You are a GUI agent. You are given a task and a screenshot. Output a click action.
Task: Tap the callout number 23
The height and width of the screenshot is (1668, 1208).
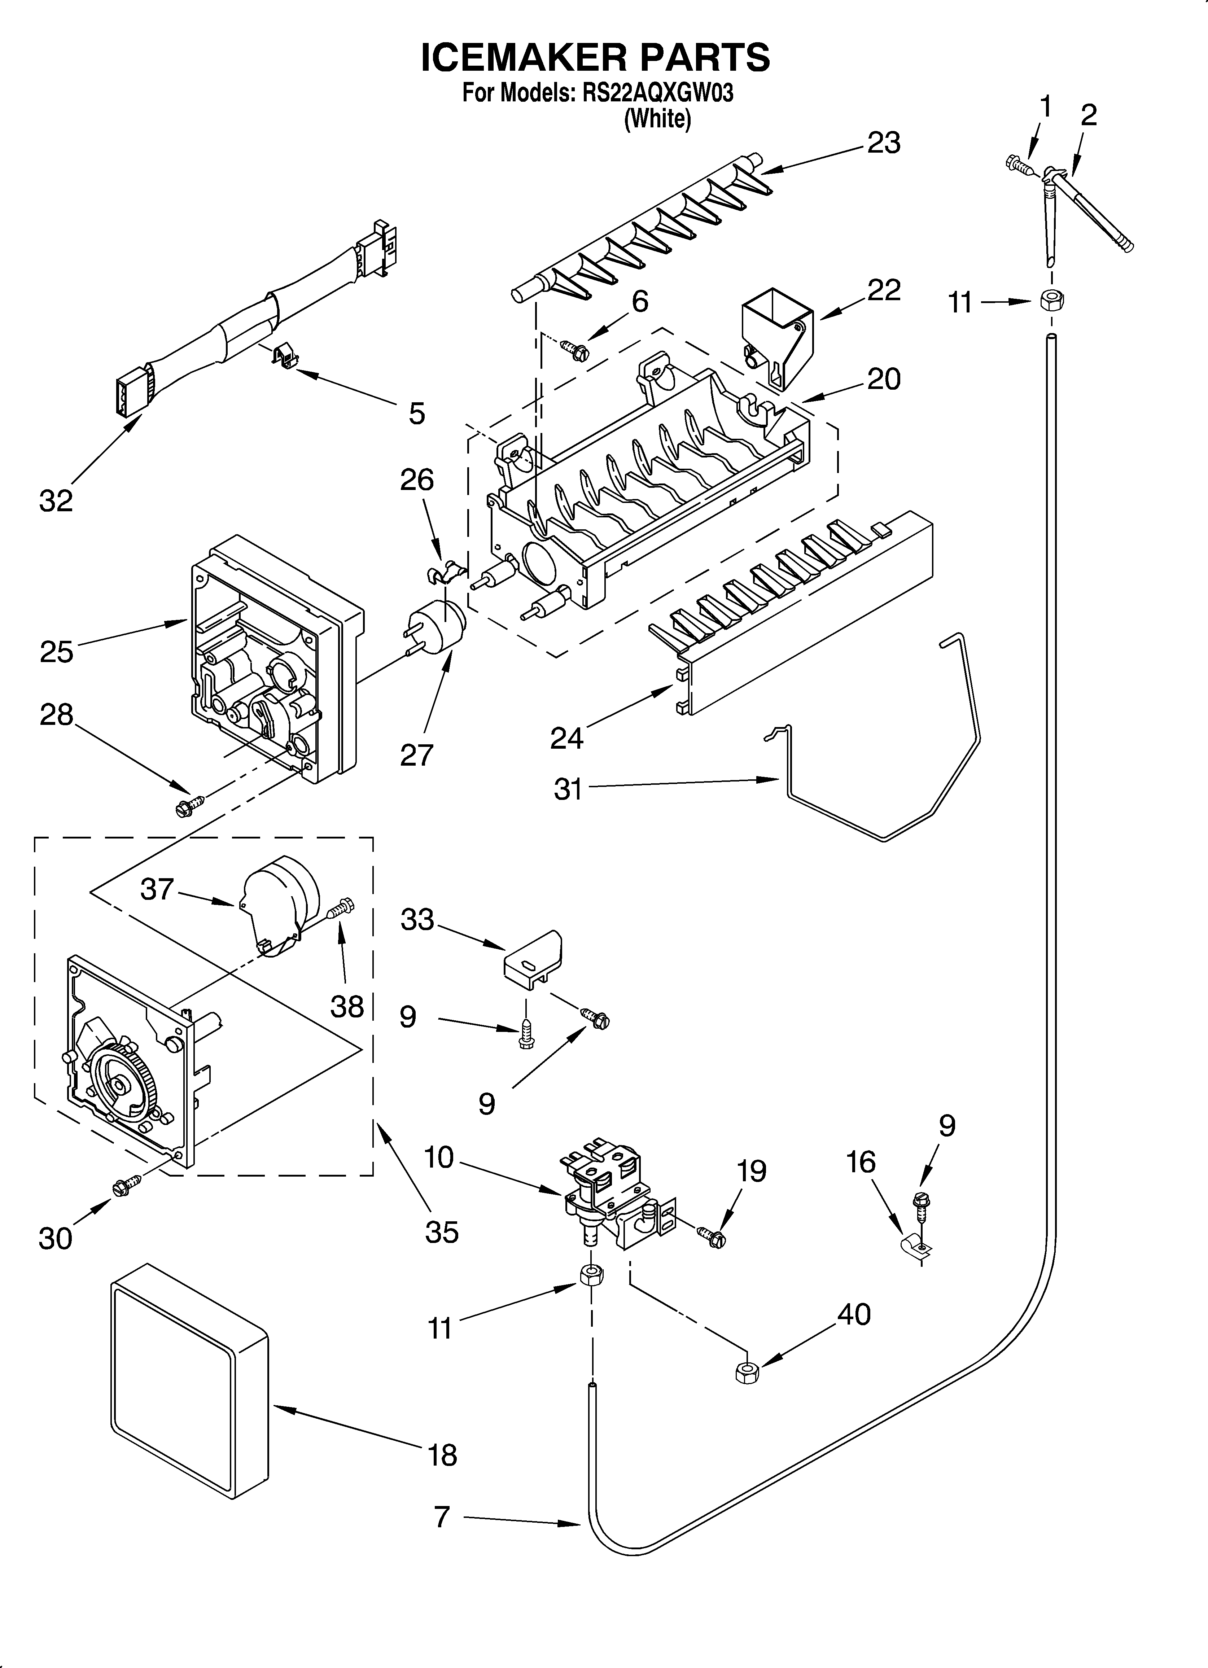[x=884, y=143]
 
